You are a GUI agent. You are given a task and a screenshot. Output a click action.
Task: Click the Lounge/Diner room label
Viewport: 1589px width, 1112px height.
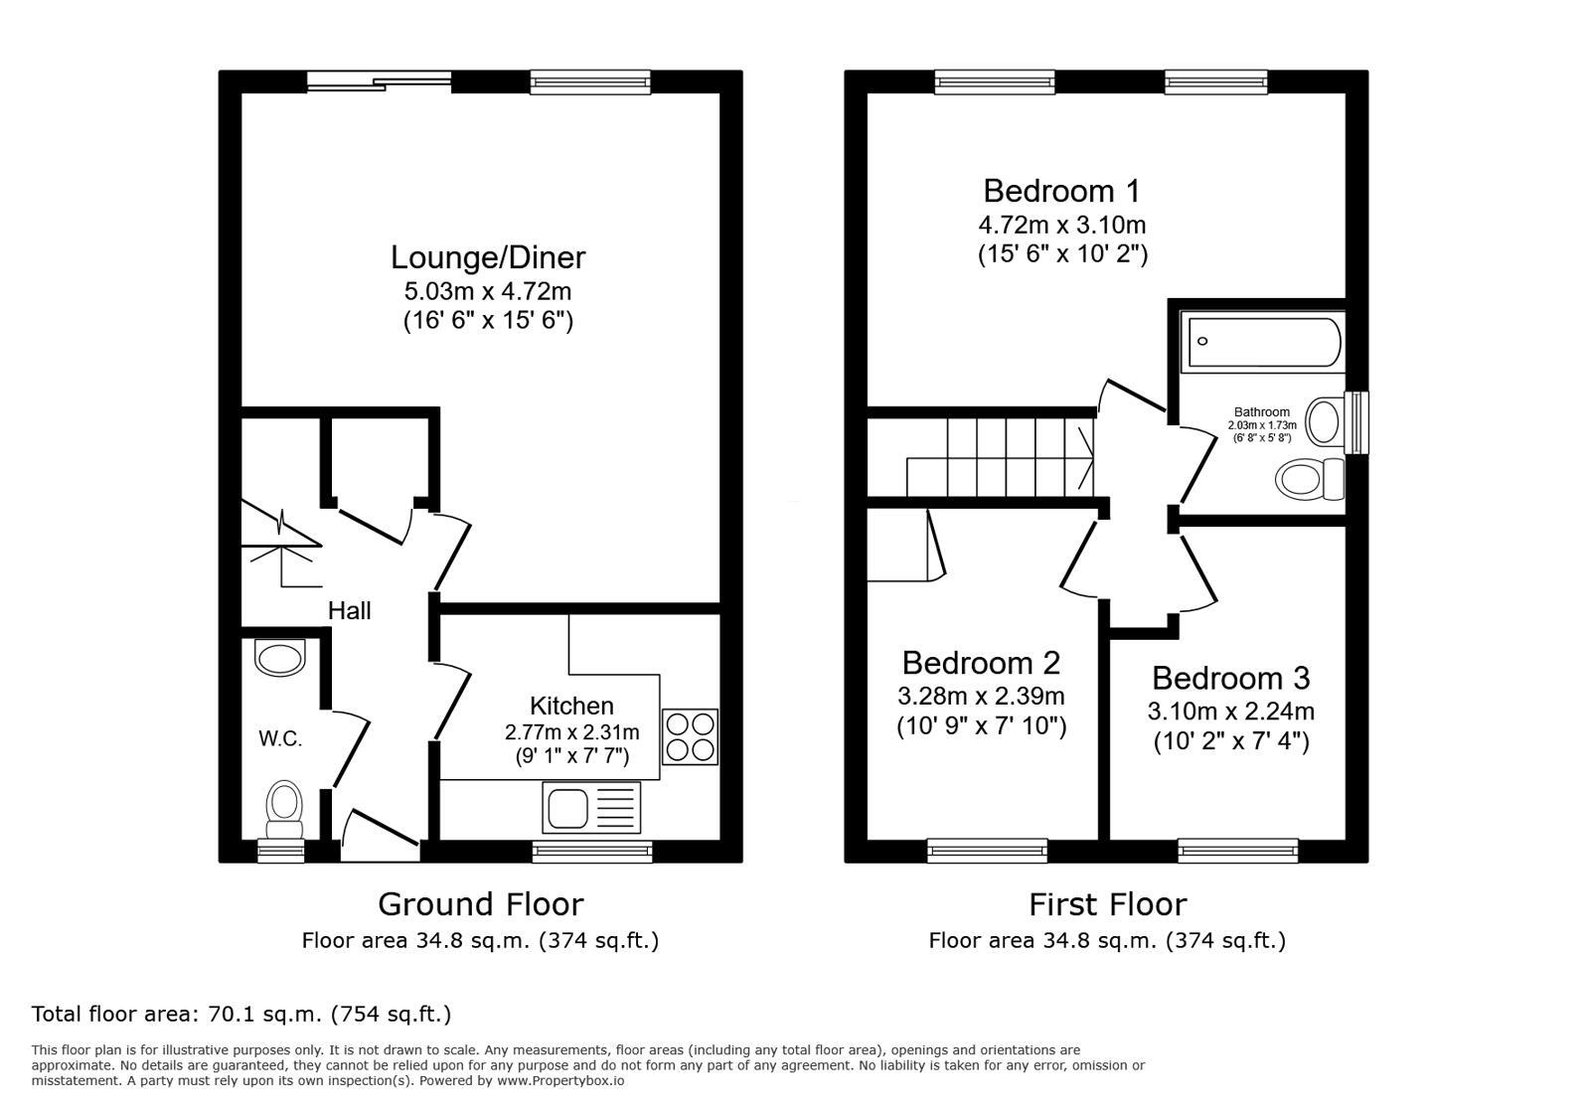[487, 257]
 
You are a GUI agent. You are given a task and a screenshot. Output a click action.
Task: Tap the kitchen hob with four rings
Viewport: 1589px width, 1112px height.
[689, 737]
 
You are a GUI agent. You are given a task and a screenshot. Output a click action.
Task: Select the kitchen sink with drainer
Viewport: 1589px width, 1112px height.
[591, 807]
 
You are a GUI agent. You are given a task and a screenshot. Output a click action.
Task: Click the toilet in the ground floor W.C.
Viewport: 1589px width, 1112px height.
[285, 809]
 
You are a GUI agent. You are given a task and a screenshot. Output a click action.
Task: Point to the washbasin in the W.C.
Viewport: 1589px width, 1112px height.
[280, 658]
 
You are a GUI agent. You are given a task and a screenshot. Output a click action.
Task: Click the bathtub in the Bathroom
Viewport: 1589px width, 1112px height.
[1262, 342]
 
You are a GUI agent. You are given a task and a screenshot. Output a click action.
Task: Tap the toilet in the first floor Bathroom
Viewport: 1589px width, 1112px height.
[1309, 480]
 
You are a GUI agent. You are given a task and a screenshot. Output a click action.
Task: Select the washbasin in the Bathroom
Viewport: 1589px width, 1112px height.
[1324, 421]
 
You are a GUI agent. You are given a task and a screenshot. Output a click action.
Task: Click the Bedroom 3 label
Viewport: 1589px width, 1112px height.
[1230, 679]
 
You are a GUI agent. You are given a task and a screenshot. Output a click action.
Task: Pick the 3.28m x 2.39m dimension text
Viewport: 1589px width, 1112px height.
[981, 696]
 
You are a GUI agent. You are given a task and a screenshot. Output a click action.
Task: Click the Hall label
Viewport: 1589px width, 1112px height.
[350, 611]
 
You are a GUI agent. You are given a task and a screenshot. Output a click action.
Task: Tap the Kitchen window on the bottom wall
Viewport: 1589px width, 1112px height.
[592, 851]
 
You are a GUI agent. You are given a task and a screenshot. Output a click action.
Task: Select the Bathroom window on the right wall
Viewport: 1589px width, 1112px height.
[1356, 421]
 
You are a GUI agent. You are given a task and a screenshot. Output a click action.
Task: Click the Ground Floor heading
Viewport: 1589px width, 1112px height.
[480, 904]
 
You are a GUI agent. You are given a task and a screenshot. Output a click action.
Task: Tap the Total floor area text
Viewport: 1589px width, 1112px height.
[241, 1015]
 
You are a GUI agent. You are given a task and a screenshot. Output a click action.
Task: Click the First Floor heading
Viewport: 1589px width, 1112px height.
[1107, 904]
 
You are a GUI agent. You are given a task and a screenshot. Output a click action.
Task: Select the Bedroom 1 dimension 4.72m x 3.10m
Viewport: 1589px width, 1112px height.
[1061, 225]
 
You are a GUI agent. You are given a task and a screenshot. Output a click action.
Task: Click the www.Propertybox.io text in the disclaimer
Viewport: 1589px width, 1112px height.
[560, 1080]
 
